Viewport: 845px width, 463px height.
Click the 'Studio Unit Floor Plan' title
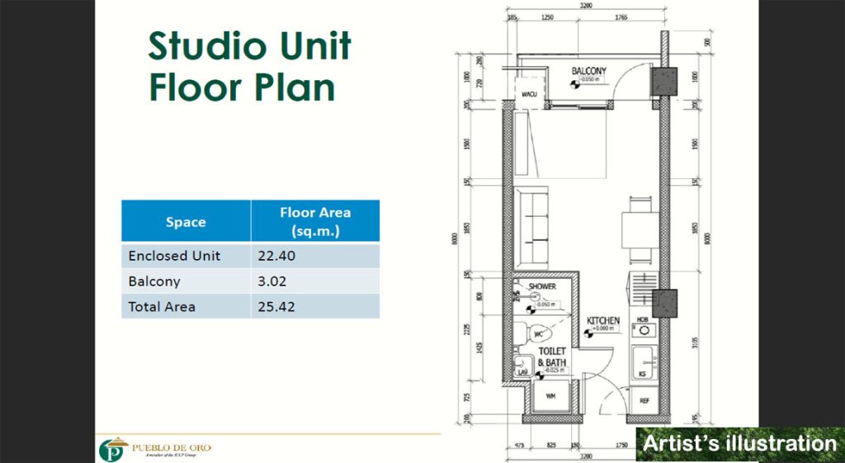(x=249, y=67)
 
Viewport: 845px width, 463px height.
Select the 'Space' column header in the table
(x=186, y=221)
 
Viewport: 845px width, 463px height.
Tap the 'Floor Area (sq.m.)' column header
(x=314, y=220)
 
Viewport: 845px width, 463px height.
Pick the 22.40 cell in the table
(x=276, y=256)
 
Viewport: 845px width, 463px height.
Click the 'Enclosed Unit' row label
(x=174, y=256)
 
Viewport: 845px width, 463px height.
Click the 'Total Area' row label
(x=162, y=306)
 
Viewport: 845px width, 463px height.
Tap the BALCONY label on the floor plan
(x=588, y=72)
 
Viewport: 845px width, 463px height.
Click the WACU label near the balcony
(x=529, y=94)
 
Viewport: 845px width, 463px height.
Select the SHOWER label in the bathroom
(x=542, y=286)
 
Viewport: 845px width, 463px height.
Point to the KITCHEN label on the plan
(x=602, y=320)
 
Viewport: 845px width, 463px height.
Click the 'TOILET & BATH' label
(x=552, y=357)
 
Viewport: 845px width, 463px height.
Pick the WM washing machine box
(x=551, y=399)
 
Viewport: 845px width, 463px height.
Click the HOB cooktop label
(x=642, y=319)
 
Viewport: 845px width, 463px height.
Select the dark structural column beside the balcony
(x=663, y=80)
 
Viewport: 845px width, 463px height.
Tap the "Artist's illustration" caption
(x=739, y=443)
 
